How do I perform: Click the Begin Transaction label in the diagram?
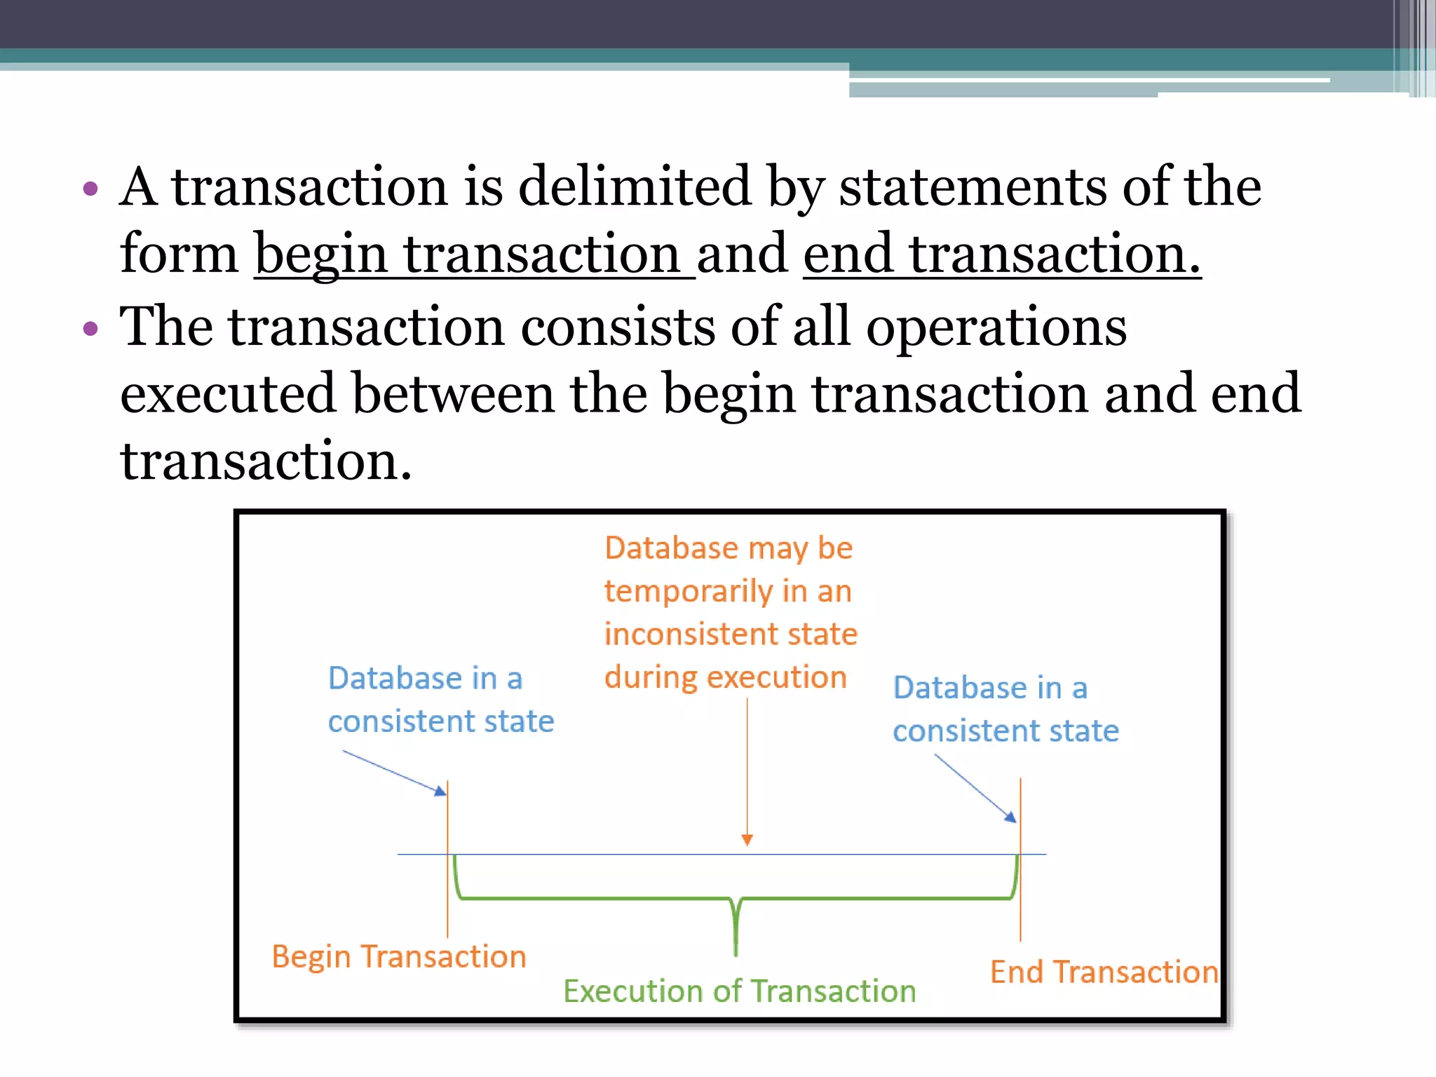pos(399,956)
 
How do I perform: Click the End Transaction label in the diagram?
pos(1104,972)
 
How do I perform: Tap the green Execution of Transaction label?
pos(740,991)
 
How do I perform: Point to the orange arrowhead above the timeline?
pos(747,839)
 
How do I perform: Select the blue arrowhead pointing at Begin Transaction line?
pos(440,792)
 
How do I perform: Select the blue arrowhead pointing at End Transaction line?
pos(1010,816)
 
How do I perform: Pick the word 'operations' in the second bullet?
pos(996,327)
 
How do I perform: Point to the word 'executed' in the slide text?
pos(228,393)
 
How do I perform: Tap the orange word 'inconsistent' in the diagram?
pos(685,634)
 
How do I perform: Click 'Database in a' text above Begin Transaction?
pos(426,678)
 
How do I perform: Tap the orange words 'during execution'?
pos(726,677)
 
